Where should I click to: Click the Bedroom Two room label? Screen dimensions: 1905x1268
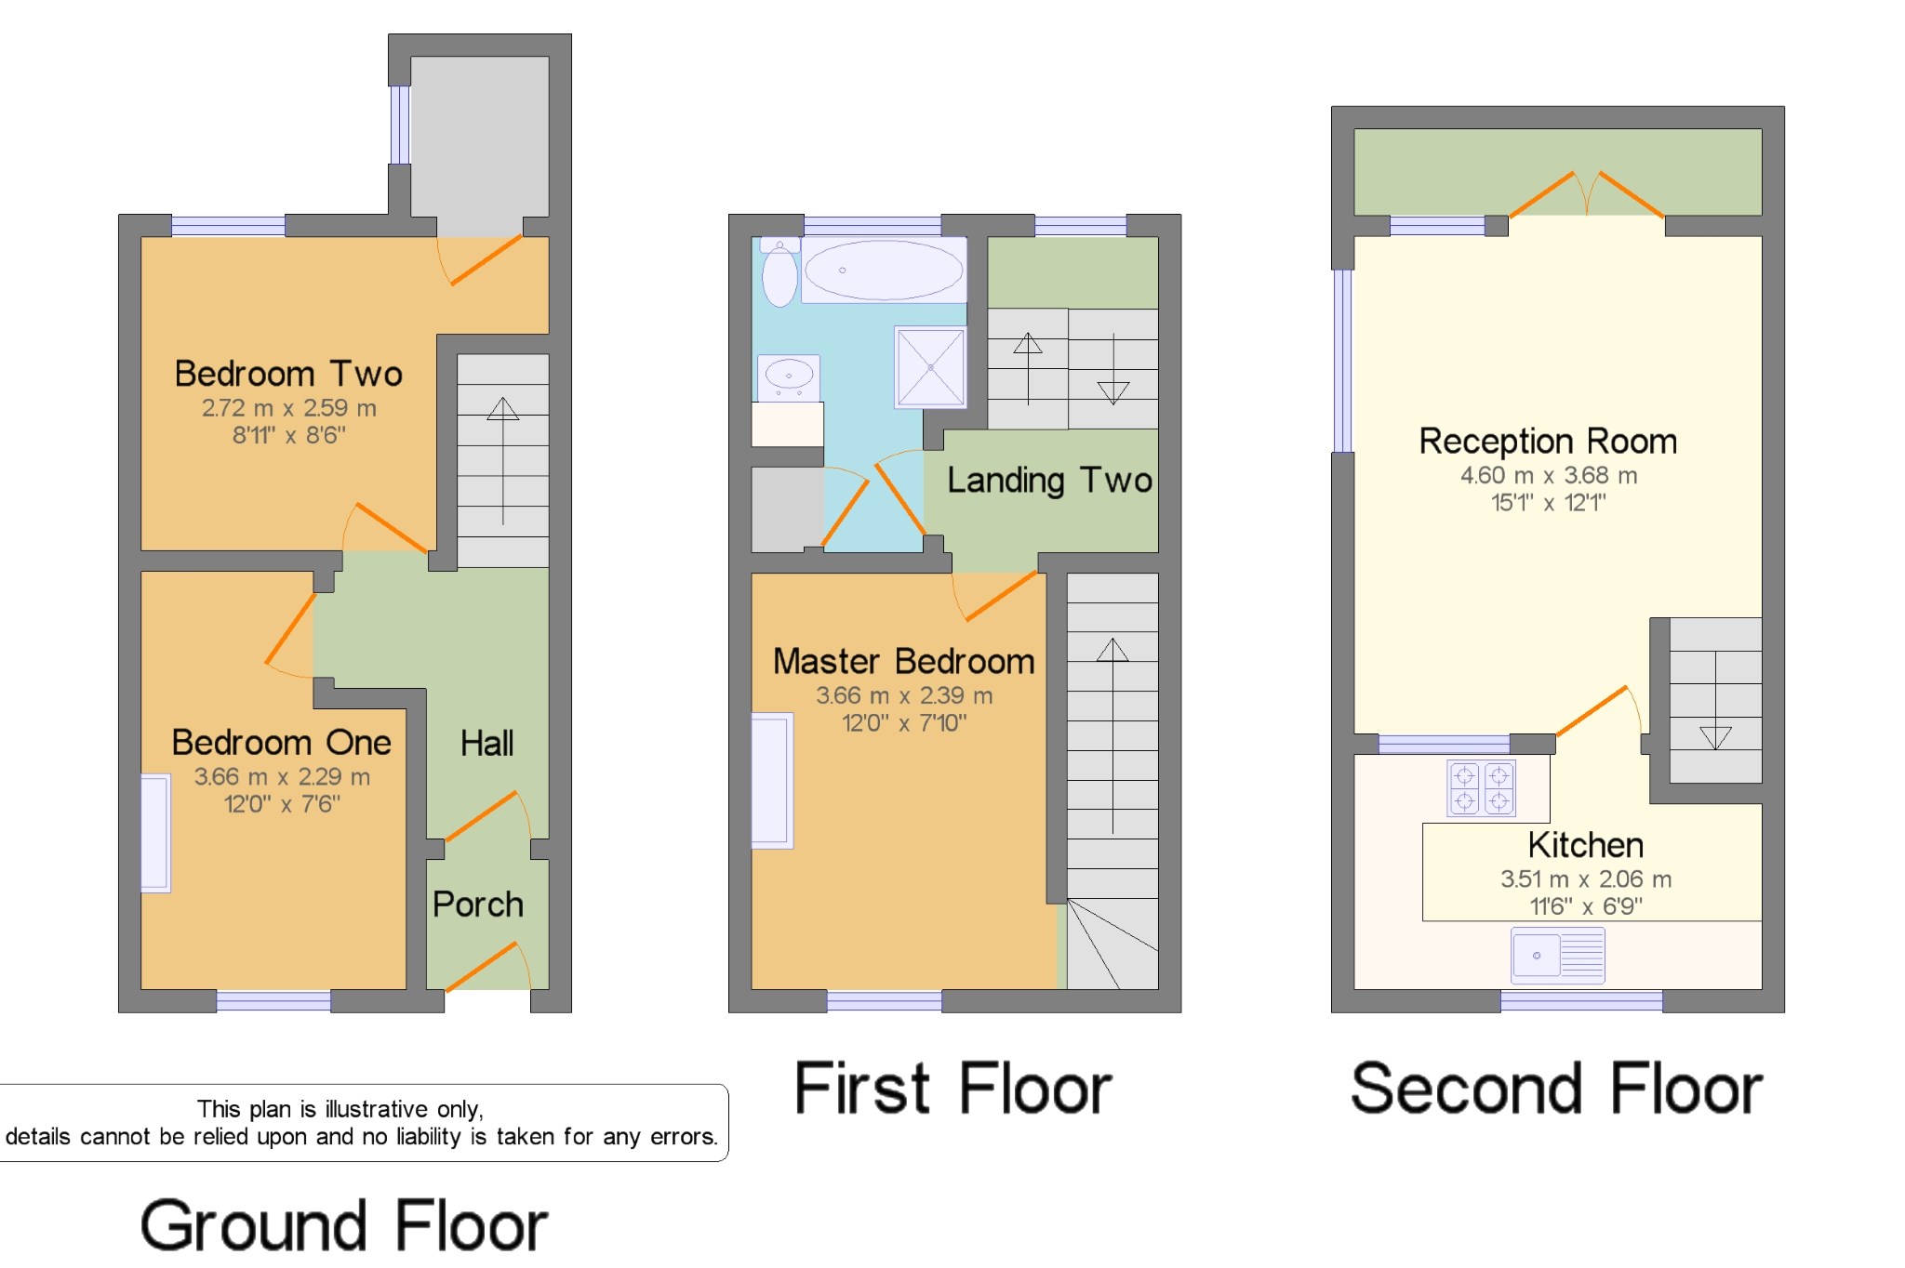click(x=288, y=374)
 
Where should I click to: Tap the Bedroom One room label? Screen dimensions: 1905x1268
click(x=282, y=743)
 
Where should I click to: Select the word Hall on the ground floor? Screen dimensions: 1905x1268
click(x=486, y=744)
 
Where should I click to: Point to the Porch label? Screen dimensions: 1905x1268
click(x=478, y=905)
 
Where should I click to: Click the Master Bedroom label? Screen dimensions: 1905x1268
click(x=903, y=662)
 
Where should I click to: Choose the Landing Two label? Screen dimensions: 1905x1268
click(x=1049, y=481)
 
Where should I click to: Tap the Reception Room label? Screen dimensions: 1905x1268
click(x=1548, y=442)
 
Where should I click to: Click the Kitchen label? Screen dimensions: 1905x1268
click(x=1585, y=845)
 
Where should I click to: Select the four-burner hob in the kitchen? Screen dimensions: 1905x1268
click(x=1481, y=788)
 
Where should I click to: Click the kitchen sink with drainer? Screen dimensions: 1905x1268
click(x=1558, y=955)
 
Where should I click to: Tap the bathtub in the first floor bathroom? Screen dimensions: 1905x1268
click(x=884, y=271)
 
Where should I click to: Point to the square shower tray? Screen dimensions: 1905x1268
click(x=930, y=367)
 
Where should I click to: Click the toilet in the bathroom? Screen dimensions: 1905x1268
click(x=779, y=271)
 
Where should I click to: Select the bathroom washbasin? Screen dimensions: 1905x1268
click(x=789, y=377)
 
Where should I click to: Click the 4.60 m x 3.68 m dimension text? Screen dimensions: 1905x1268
click(x=1549, y=475)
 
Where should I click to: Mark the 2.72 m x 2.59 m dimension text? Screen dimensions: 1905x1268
click(x=289, y=407)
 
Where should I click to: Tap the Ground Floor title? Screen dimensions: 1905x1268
click(x=343, y=1225)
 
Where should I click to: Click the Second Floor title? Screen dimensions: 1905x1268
click(x=1556, y=1089)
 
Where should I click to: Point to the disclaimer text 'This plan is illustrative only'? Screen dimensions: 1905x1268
click(x=339, y=1109)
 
